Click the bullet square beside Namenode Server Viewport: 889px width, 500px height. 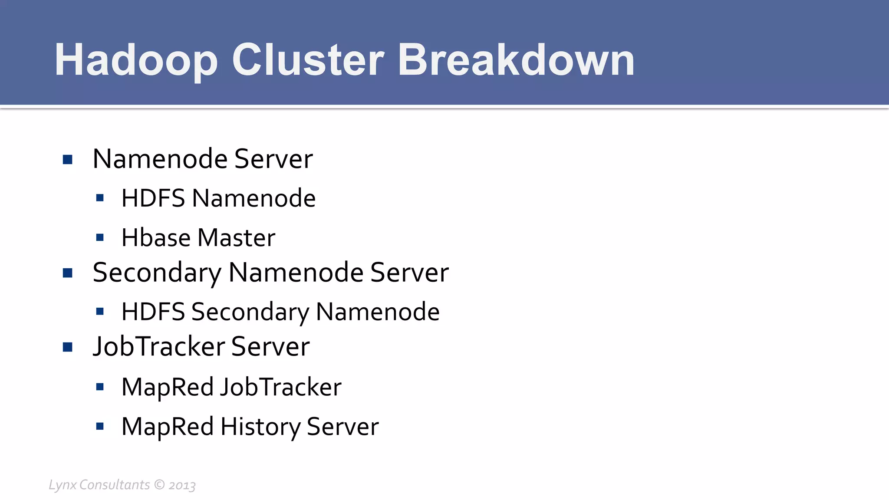point(67,160)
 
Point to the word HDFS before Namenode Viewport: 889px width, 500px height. point(153,198)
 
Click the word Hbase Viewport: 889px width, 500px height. point(156,238)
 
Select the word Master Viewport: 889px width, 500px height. point(236,238)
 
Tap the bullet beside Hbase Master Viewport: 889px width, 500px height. point(100,238)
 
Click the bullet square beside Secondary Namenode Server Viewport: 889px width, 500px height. point(67,273)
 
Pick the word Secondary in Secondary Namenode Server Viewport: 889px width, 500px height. point(157,273)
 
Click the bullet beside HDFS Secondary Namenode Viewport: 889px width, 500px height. point(100,312)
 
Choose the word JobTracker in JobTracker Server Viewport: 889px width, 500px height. point(159,347)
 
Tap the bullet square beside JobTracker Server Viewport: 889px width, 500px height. point(67,347)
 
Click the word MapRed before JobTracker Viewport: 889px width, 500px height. point(167,387)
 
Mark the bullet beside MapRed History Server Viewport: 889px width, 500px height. point(100,427)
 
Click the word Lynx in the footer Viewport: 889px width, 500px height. point(63,485)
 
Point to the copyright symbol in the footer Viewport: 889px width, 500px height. point(159,484)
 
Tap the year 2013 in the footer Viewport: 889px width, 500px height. point(182,485)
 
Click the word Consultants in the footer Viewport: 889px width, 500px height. point(115,484)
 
